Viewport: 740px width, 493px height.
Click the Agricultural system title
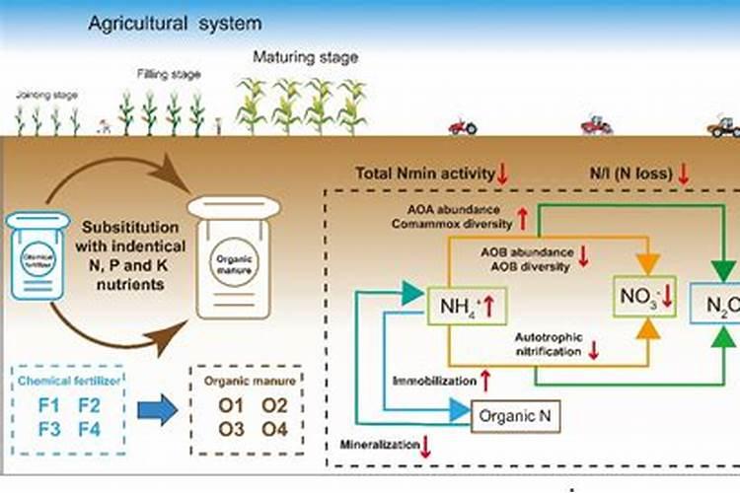(176, 22)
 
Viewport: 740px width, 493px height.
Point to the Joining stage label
(46, 95)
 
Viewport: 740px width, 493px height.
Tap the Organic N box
(515, 416)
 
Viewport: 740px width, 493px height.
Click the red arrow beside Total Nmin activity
(502, 175)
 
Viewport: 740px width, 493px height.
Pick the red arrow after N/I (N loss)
(683, 175)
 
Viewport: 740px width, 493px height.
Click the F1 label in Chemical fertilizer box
(46, 404)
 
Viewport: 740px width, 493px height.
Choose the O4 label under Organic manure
(273, 428)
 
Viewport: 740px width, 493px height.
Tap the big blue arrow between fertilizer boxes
(155, 415)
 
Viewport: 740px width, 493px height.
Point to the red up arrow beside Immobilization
(485, 379)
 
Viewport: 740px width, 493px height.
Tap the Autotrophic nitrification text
(550, 343)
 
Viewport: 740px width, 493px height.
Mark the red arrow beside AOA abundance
(522, 217)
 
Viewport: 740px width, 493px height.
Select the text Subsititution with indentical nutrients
(130, 250)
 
